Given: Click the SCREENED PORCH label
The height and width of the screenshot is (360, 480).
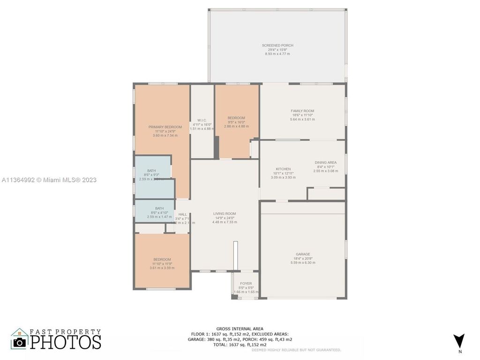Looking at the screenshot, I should (277, 45).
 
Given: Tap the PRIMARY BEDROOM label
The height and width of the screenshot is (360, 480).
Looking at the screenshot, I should (165, 127).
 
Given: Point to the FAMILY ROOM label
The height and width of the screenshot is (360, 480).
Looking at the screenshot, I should (302, 111).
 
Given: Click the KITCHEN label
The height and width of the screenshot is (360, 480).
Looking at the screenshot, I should (283, 169).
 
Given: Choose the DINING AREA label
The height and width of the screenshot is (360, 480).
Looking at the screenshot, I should (325, 163).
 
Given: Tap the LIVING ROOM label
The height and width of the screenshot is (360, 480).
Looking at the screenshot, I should (225, 214).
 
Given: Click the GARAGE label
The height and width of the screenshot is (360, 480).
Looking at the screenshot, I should (303, 255).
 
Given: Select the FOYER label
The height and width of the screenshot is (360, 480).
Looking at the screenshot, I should (246, 284).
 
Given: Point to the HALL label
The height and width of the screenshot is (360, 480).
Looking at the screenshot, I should (182, 214).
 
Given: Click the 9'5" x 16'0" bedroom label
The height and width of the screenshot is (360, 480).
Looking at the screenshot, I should (236, 122).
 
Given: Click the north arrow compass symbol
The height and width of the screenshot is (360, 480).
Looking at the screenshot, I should (459, 341).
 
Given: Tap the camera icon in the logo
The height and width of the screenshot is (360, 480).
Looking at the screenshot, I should (20, 342).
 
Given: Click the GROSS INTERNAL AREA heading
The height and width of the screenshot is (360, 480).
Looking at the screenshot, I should (240, 329).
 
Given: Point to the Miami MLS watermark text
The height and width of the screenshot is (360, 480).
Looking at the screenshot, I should (49, 180).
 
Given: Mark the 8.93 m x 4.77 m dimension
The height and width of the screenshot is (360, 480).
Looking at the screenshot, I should (277, 54).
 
